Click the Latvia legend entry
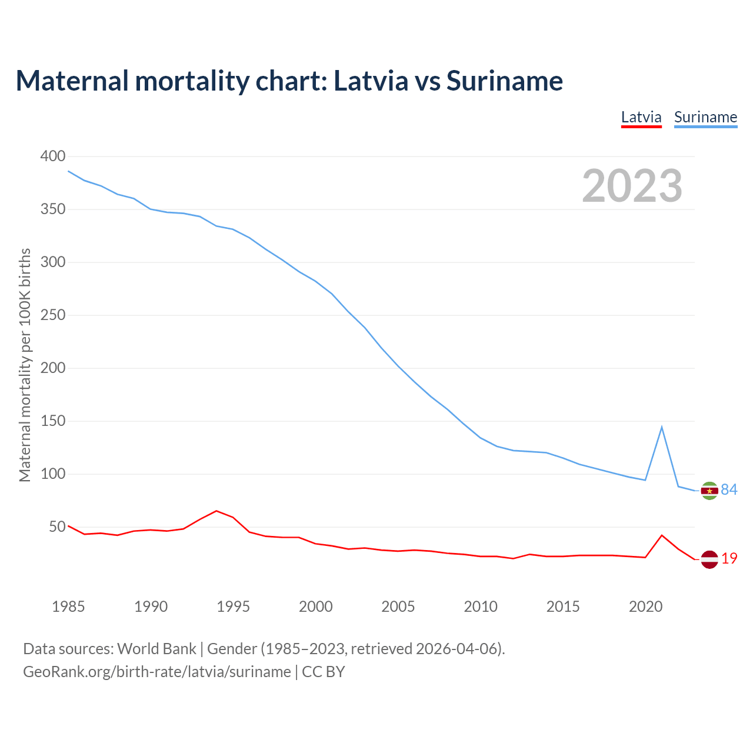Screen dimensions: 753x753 coord(641,117)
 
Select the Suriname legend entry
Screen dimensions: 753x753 coord(705,117)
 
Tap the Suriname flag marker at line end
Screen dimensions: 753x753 coord(709,491)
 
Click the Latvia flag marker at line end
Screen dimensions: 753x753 coord(709,559)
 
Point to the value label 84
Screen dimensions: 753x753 coord(729,489)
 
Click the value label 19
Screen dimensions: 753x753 coord(729,558)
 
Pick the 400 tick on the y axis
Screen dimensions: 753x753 coord(52,156)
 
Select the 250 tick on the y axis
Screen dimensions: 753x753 coord(52,315)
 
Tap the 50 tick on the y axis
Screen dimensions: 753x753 coord(57,527)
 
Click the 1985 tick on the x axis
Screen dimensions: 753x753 coord(68,607)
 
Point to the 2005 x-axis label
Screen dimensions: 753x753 coord(398,607)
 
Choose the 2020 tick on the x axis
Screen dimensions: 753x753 coord(645,607)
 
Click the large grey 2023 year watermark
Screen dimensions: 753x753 coord(632,186)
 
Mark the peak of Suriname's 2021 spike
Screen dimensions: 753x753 coord(662,427)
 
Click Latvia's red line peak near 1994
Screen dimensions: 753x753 coord(216,511)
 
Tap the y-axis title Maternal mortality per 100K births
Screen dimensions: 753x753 coord(25,365)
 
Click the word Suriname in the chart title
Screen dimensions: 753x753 coord(504,81)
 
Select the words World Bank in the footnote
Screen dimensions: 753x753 coord(156,649)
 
